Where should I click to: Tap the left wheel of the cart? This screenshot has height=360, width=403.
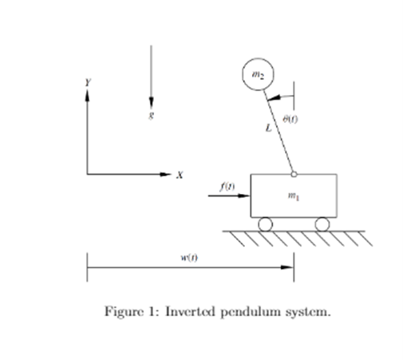[264, 224]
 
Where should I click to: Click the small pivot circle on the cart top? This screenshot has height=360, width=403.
[294, 173]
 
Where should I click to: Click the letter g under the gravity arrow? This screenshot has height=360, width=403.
[150, 114]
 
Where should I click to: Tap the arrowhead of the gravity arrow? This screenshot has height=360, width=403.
[150, 104]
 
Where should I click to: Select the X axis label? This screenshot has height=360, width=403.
[180, 174]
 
